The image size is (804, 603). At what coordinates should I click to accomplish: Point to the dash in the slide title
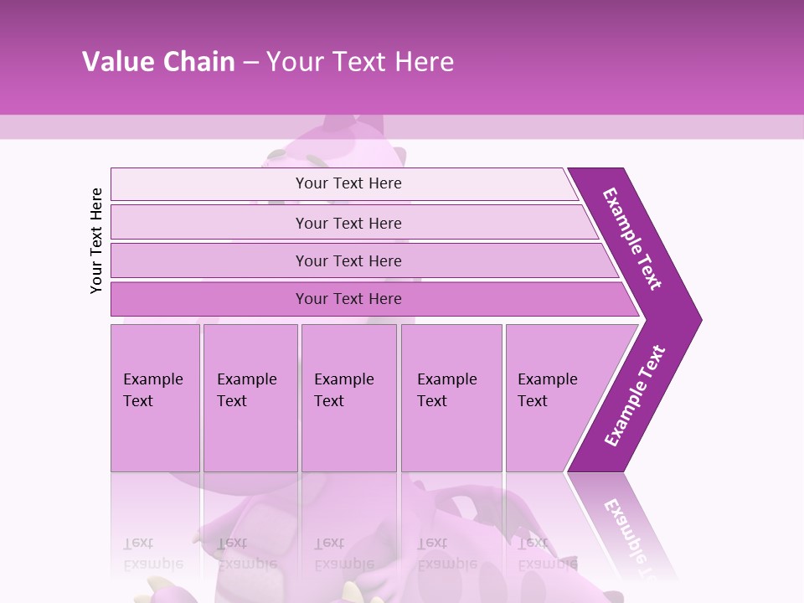tap(250, 63)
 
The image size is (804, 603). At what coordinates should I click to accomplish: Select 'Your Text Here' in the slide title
tap(360, 62)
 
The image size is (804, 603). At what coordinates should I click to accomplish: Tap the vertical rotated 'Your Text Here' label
tap(96, 240)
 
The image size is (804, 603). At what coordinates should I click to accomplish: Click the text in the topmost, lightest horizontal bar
tap(348, 183)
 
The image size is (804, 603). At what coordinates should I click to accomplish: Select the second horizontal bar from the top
tap(348, 223)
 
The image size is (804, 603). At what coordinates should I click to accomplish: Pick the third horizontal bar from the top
tap(348, 260)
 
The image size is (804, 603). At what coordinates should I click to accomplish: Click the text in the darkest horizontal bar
tap(348, 299)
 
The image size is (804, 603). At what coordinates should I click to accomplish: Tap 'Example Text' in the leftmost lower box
tap(152, 389)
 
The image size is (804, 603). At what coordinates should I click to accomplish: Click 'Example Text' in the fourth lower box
tap(447, 389)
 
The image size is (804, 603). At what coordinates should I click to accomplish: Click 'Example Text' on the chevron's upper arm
tap(632, 238)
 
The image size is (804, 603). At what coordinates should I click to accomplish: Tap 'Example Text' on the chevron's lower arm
tap(635, 395)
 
